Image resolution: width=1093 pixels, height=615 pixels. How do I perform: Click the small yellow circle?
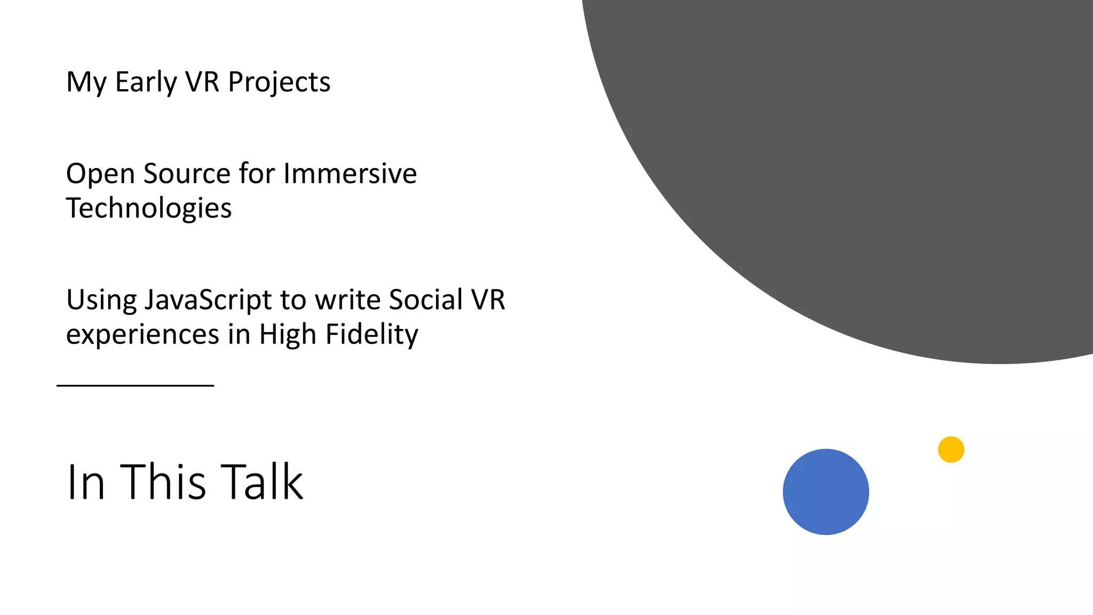pyautogui.click(x=951, y=450)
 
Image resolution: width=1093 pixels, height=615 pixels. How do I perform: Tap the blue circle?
pyautogui.click(x=826, y=492)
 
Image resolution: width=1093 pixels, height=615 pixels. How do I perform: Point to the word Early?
pyautogui.click(x=146, y=83)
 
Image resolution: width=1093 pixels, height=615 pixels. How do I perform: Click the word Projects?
pyautogui.click(x=279, y=83)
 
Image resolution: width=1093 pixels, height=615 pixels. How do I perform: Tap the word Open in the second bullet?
pyautogui.click(x=100, y=174)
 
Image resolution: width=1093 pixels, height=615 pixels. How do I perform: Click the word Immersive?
pyautogui.click(x=350, y=174)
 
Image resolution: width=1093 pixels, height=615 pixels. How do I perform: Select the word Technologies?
pyautogui.click(x=149, y=208)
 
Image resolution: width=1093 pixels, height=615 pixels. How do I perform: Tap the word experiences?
pyautogui.click(x=142, y=335)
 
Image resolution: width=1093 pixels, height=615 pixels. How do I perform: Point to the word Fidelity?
pyautogui.click(x=371, y=335)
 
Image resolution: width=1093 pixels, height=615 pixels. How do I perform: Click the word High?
pyautogui.click(x=288, y=335)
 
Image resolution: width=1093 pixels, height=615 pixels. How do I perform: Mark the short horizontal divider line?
pyautogui.click(x=135, y=385)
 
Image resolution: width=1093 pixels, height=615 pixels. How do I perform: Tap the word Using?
pyautogui.click(x=101, y=301)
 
